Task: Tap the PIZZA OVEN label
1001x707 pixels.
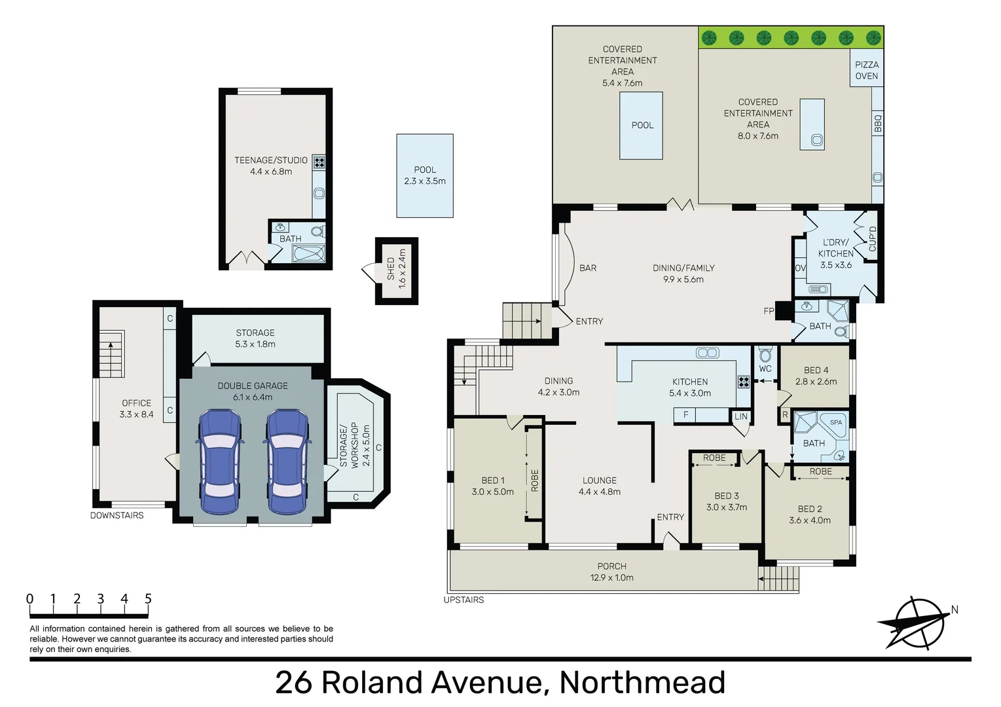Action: [866, 70]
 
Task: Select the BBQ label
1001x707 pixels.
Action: [877, 123]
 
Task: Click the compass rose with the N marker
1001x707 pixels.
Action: [917, 623]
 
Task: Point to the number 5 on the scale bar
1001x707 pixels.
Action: [148, 598]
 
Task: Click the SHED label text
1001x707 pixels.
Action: [391, 268]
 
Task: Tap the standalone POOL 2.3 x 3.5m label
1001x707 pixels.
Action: [425, 175]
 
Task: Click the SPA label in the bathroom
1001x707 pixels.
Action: [836, 422]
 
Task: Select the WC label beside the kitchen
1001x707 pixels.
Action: [765, 369]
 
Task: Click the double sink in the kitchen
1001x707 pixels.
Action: [707, 353]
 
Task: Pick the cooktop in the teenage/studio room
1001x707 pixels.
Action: [319, 162]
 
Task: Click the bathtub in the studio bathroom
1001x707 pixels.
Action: [308, 253]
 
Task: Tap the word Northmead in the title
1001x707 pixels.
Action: [642, 682]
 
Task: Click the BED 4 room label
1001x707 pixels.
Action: [816, 376]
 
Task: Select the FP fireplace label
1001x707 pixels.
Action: [769, 311]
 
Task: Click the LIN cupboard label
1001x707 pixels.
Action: [740, 416]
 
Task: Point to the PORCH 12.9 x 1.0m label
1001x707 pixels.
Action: [611, 571]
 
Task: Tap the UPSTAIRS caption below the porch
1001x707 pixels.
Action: [464, 600]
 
